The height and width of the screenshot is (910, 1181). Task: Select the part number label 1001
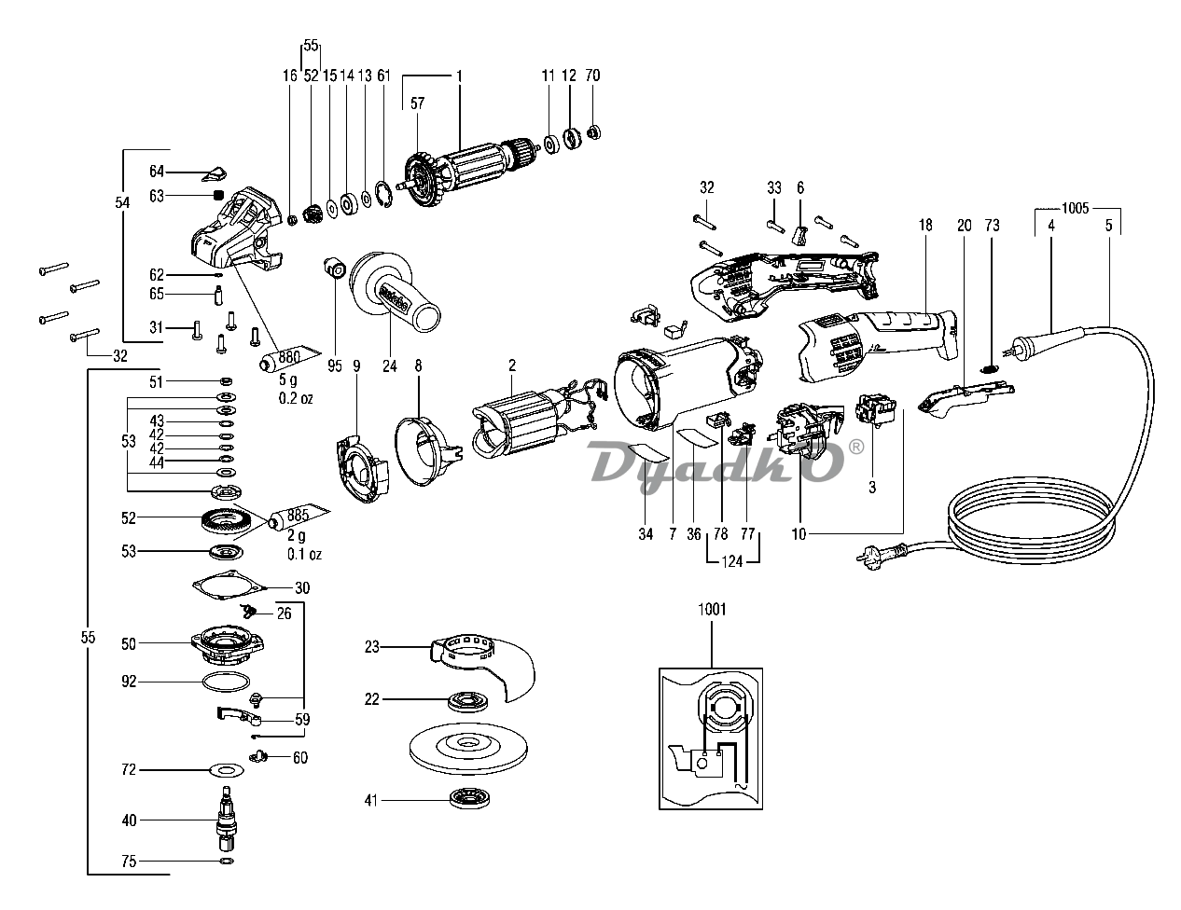pos(711,609)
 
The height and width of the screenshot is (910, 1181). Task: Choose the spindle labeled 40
pos(225,818)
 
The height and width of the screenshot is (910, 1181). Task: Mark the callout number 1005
pos(1080,207)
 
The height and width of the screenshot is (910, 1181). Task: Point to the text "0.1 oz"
pos(303,554)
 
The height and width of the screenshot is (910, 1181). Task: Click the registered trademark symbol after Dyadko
pos(856,447)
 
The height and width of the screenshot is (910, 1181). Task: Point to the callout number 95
pos(334,366)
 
